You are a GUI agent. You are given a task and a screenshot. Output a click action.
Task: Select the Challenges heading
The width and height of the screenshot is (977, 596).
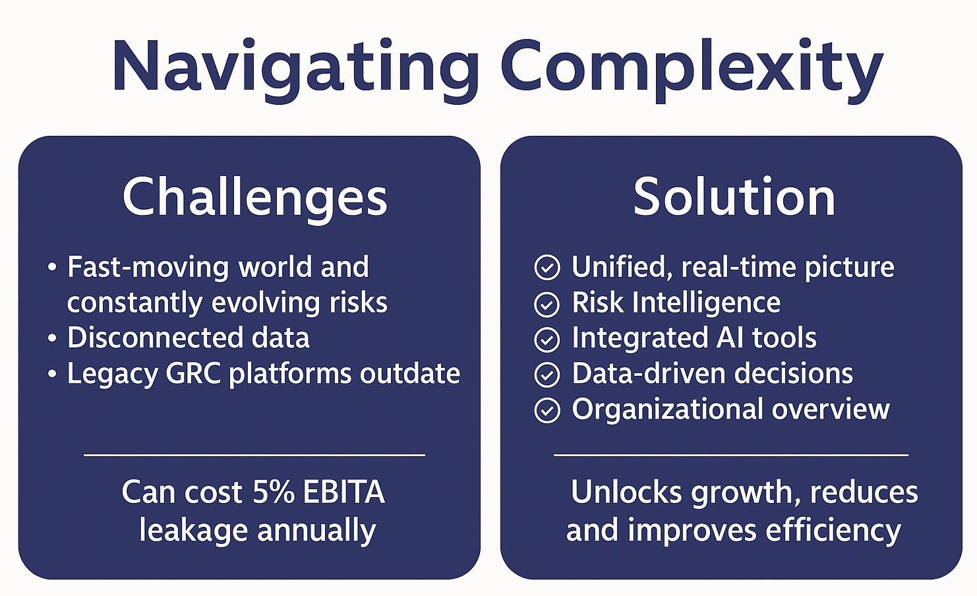254,197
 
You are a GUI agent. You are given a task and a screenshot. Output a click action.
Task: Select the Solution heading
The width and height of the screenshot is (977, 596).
734,197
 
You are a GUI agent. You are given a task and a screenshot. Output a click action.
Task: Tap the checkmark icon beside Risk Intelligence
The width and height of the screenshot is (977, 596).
547,305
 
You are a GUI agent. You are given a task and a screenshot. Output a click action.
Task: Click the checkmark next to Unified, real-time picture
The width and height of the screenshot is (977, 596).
547,268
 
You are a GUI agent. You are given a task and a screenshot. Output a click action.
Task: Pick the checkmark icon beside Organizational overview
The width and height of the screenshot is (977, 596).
547,411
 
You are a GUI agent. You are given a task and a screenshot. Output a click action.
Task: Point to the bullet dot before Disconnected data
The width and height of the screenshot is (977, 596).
53,339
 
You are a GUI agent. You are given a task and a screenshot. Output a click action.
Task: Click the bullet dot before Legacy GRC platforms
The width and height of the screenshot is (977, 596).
53,374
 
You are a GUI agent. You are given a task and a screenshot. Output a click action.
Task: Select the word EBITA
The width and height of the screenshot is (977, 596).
343,492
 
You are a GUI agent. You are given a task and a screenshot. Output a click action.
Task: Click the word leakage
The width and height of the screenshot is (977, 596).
194,531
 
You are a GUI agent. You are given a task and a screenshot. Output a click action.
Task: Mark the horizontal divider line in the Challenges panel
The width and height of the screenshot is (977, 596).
254,455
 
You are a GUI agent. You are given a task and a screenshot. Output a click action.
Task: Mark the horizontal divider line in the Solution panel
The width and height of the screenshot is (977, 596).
730,455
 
